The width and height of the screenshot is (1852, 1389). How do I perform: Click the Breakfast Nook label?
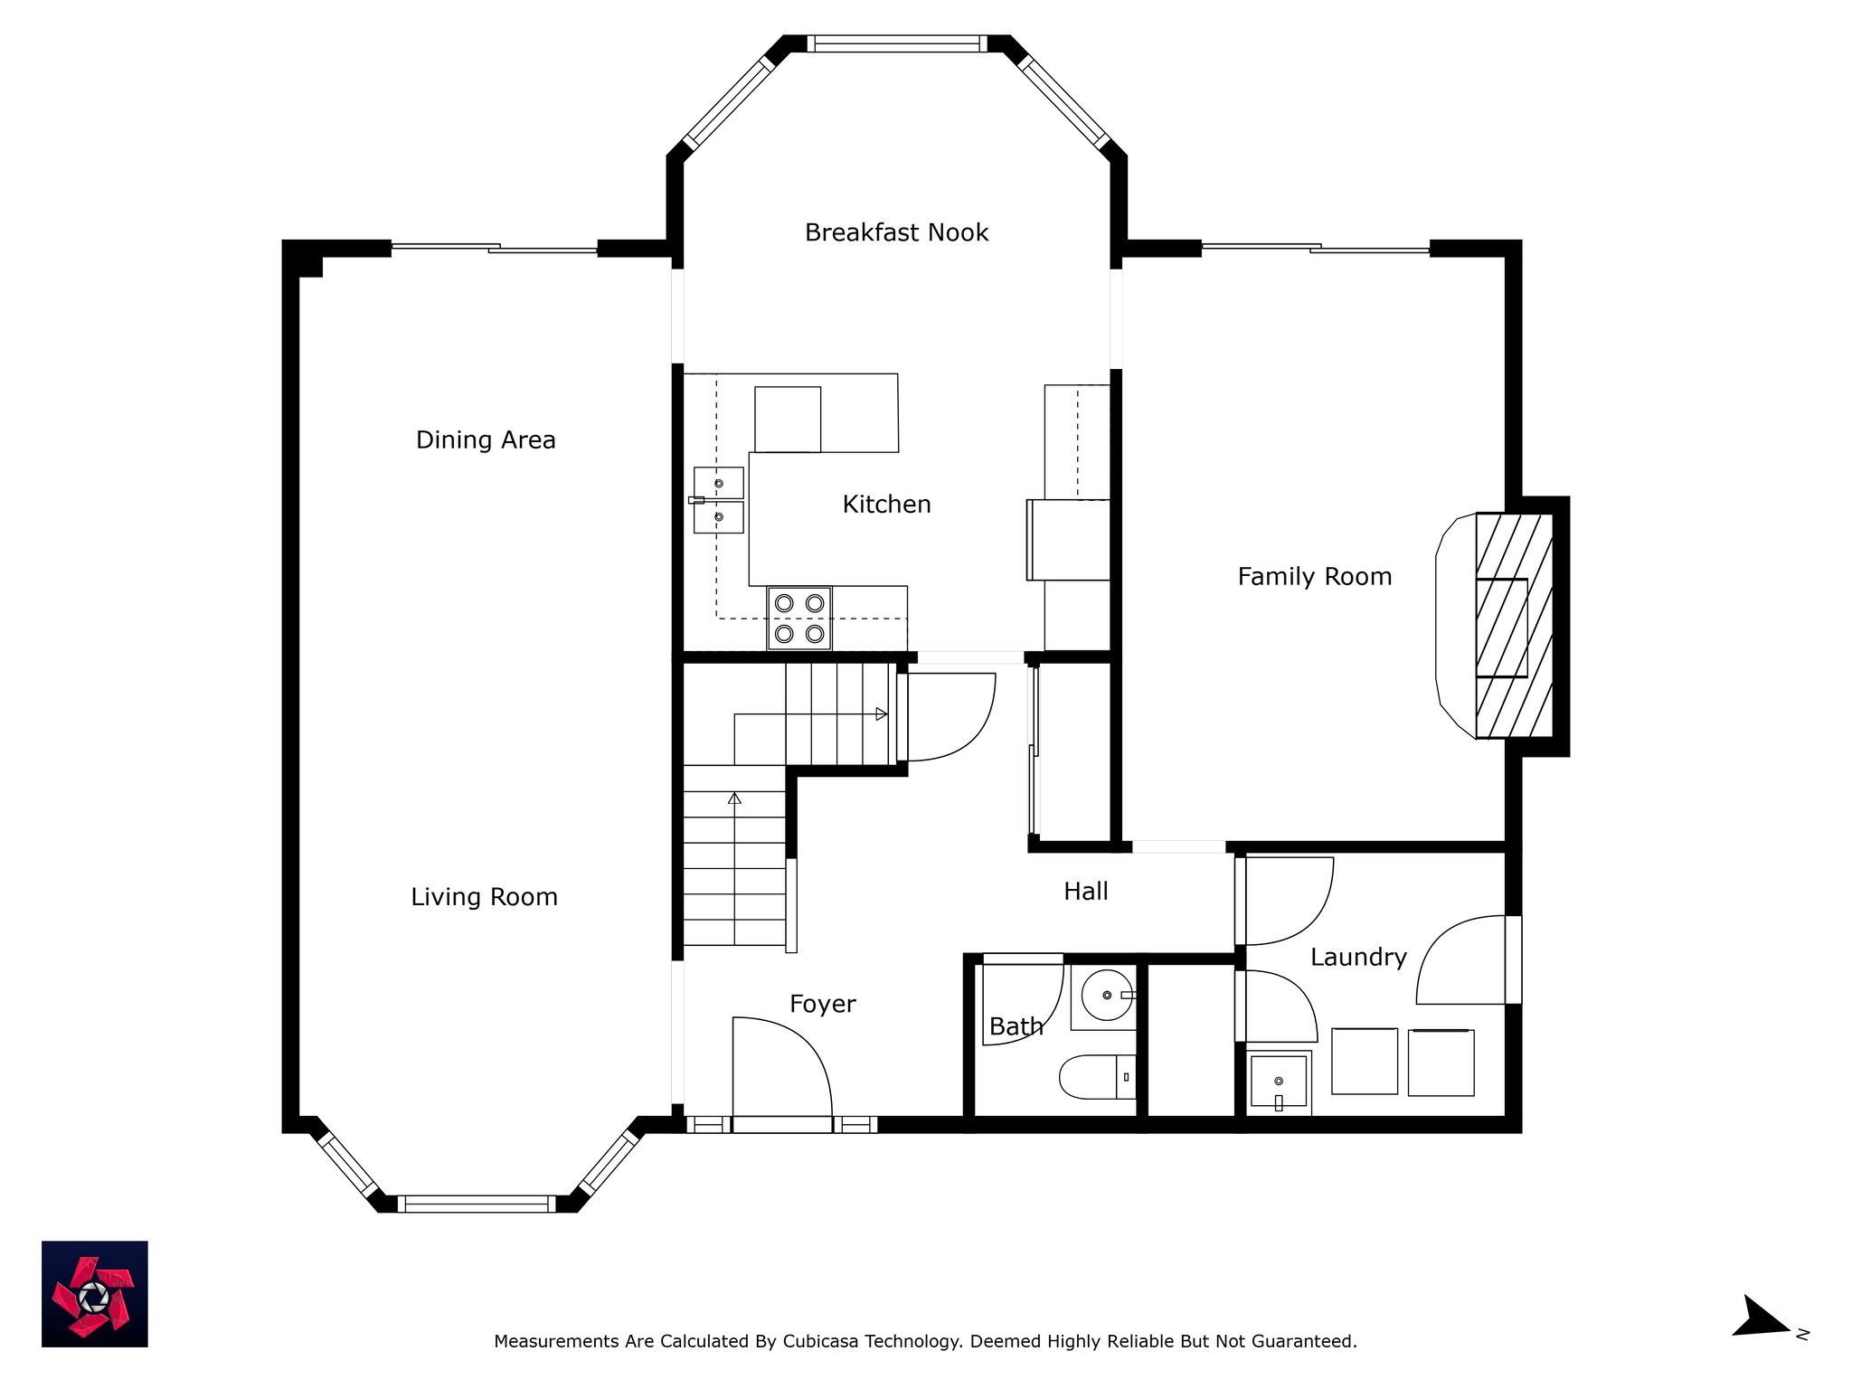896,232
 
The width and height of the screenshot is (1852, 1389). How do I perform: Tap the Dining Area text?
486,440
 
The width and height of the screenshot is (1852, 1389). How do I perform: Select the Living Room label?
484,897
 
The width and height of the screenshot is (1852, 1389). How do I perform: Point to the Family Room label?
1314,577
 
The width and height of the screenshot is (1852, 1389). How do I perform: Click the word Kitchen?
886,505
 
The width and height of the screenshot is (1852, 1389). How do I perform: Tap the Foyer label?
822,1005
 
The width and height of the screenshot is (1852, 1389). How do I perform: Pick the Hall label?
1085,892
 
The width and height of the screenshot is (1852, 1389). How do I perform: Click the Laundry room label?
1358,958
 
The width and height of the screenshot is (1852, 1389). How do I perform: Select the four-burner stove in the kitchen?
799,619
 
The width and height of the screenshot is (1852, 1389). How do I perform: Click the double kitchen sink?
719,500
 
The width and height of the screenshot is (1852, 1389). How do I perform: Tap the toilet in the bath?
1098,1076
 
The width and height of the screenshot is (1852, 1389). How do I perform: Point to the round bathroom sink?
1107,996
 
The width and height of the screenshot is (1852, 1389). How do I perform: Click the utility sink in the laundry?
1279,1082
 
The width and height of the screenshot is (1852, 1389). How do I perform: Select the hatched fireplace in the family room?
1515,626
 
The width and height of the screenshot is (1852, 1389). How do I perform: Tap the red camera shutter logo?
95,1294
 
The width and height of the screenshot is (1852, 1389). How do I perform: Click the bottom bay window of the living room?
477,1204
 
